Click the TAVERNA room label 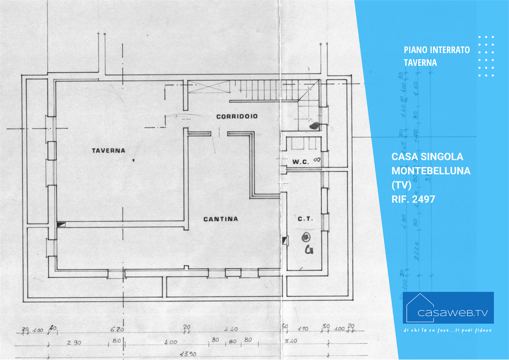click(x=108, y=150)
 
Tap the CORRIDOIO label click(x=237, y=117)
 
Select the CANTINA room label click(x=221, y=219)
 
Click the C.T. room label click(x=305, y=219)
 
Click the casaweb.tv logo click(x=448, y=308)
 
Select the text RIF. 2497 click(x=413, y=199)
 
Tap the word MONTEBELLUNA click(x=431, y=171)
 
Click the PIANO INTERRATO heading click(x=437, y=50)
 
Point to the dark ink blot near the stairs click(x=314, y=126)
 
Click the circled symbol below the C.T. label click(x=305, y=237)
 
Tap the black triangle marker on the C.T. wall click(x=284, y=240)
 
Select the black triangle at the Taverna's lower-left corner click(x=60, y=224)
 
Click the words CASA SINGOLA click(x=427, y=157)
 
